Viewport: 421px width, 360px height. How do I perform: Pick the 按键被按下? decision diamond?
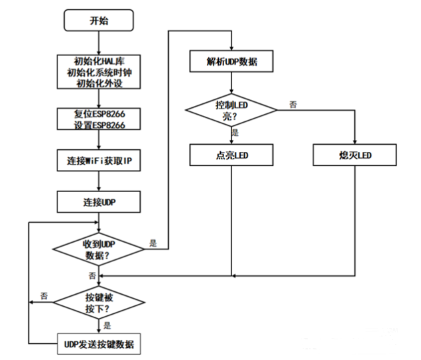coord(99,303)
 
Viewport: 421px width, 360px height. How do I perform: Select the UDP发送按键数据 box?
coord(99,345)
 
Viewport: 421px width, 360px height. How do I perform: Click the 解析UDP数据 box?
coord(232,63)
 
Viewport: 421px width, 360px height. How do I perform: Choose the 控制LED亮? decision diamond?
coord(232,110)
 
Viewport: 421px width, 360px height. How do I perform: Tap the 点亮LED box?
coord(232,156)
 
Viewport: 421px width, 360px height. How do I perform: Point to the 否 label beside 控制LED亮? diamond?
coord(293,104)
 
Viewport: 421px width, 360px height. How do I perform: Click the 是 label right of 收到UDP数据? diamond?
coord(154,243)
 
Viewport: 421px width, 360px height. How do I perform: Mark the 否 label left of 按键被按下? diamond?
coord(43,295)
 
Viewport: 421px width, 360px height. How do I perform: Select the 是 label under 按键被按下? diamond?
coord(107,327)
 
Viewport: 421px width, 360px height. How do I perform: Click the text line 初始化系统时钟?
coord(99,73)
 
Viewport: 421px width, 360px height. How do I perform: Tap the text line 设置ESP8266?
coord(99,124)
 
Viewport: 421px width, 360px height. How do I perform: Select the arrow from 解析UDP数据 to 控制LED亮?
coord(232,83)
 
